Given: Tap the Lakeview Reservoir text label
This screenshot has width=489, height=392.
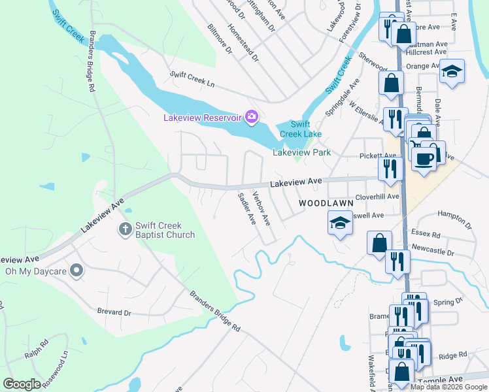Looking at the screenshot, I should click(x=202, y=118).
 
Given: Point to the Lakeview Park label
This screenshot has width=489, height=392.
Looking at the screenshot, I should click(x=301, y=152).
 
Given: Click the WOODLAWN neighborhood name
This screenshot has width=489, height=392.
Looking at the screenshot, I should click(x=322, y=204).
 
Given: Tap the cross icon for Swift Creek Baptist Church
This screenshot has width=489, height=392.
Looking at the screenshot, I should click(x=125, y=229).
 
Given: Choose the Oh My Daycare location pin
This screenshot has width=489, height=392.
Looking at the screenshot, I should click(x=77, y=270).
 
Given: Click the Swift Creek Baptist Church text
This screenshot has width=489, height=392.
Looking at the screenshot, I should click(x=165, y=230).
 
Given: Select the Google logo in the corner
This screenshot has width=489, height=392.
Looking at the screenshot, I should click(x=22, y=384).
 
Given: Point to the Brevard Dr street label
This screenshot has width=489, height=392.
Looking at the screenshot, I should click(x=114, y=312).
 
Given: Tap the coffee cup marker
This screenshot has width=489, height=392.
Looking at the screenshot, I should click(x=424, y=157).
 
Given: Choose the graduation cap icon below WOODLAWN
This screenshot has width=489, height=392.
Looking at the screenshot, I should click(x=340, y=223).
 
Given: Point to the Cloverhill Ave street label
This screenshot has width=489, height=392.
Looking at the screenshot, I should click(x=377, y=197).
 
